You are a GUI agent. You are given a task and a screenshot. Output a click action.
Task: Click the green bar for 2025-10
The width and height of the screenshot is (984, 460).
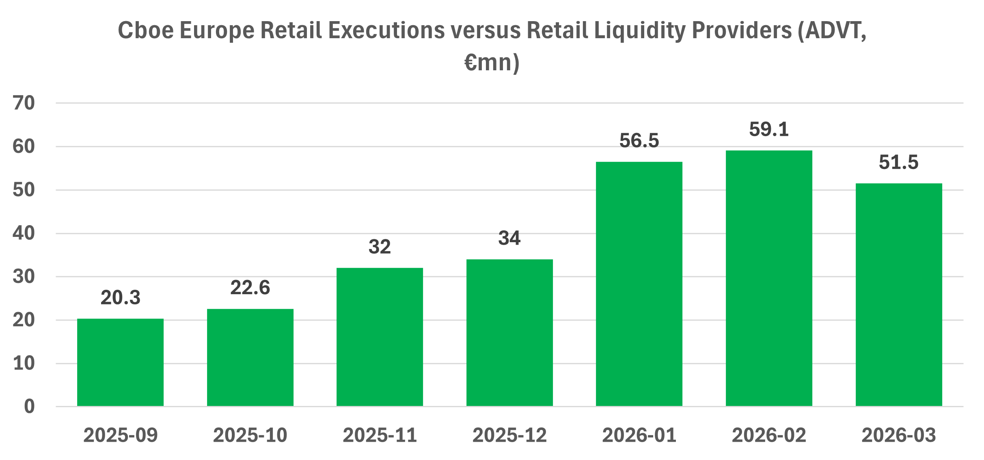point(250,358)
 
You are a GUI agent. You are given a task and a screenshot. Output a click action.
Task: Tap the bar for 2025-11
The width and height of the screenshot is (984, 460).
point(380,337)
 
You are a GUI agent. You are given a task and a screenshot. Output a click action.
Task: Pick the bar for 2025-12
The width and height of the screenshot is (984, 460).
point(509,333)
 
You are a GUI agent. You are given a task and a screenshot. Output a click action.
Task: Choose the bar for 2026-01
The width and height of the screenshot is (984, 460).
point(639,284)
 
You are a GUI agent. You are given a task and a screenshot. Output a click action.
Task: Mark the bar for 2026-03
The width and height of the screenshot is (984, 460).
point(899,295)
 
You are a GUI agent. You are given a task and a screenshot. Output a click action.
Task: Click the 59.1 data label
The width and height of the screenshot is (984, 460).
point(769,130)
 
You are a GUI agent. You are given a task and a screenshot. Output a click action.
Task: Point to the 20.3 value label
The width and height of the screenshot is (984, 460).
point(120,298)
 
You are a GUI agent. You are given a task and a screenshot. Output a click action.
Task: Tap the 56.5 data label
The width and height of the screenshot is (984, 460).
point(639,141)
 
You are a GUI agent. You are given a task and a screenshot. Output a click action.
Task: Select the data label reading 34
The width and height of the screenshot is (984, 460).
point(509,238)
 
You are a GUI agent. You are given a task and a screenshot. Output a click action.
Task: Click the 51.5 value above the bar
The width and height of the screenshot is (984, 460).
point(899,163)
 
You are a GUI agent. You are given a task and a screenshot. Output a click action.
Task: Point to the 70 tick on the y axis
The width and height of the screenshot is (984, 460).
point(24,103)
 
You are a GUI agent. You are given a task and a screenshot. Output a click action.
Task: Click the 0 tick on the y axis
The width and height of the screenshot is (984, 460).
point(29,406)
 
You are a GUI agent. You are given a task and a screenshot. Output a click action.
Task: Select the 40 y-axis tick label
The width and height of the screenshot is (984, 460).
point(24,233)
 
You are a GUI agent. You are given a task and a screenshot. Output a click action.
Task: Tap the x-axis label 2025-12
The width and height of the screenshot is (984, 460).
point(509,435)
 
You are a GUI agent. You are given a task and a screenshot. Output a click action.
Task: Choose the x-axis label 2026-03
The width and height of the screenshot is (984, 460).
point(899,435)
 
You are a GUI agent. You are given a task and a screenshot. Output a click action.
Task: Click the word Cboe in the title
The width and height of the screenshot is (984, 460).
point(146,30)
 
